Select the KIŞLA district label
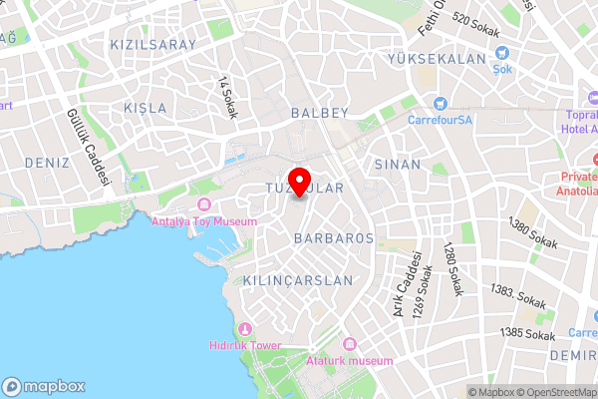coord(146,107)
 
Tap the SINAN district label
coord(398,164)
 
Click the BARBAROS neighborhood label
coord(334,238)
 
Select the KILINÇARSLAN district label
coord(297,282)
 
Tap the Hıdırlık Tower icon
coord(244,329)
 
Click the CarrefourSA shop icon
coord(438,103)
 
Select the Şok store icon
coord(502,53)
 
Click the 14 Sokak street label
coord(227,98)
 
